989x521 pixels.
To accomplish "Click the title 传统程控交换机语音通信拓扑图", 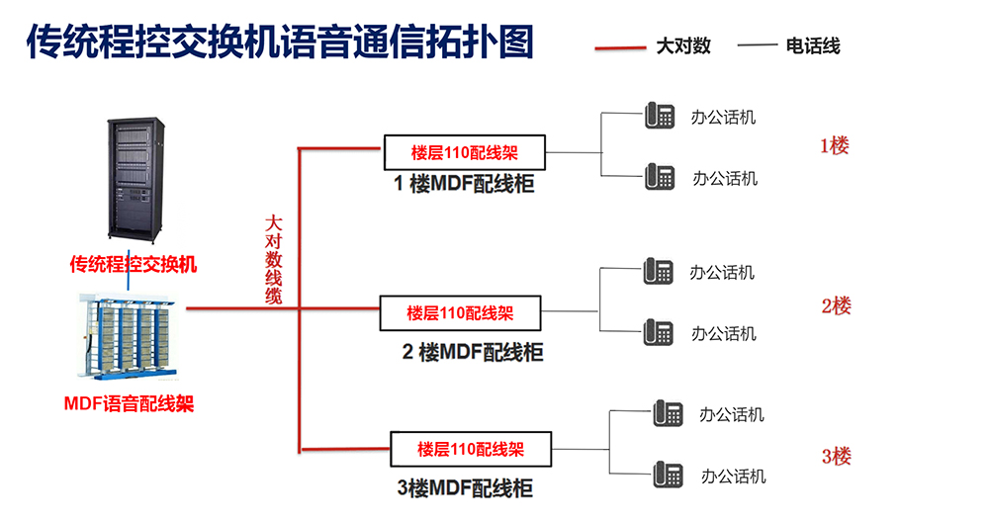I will pyautogui.click(x=279, y=43).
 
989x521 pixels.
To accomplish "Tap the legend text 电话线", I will pyautogui.click(x=812, y=45).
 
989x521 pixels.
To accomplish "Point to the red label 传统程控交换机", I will pyautogui.click(x=133, y=265).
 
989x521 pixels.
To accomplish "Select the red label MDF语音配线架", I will pyautogui.click(x=129, y=403).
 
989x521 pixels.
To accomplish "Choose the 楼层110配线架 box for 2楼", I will pyautogui.click(x=461, y=312).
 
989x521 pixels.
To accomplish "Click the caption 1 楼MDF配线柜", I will pyautogui.click(x=464, y=183).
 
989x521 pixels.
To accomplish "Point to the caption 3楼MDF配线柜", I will pyautogui.click(x=464, y=487).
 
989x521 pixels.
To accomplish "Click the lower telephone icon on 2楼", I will pyautogui.click(x=658, y=332).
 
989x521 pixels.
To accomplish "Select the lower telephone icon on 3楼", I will pyautogui.click(x=668, y=474).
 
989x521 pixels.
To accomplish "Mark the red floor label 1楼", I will pyautogui.click(x=834, y=146).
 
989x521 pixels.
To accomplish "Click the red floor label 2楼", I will pyautogui.click(x=836, y=305).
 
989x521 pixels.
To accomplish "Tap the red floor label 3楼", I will pyautogui.click(x=836, y=457).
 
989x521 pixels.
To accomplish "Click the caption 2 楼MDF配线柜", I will pyautogui.click(x=472, y=351).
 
